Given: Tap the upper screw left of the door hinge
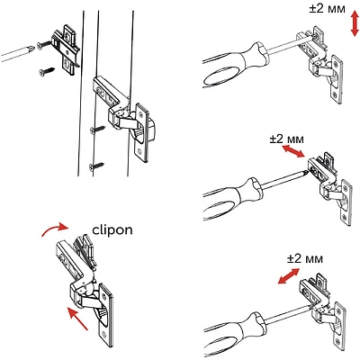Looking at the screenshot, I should coord(94,131).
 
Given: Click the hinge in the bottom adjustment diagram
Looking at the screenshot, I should coord(325,310).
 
